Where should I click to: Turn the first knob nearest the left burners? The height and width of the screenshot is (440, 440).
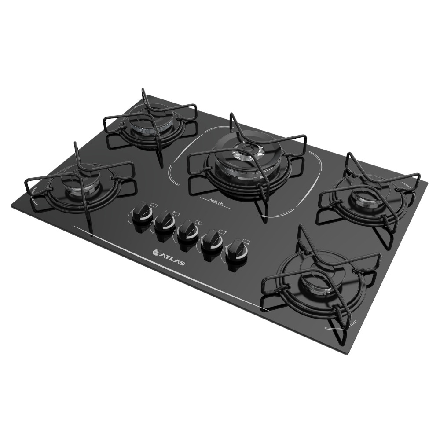point(142,215)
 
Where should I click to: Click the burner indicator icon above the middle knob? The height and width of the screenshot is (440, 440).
point(199,223)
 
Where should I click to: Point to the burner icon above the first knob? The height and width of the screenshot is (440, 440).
point(152,205)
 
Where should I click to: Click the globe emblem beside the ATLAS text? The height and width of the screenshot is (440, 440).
point(156,253)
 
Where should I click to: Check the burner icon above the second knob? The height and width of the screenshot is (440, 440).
point(176,213)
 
